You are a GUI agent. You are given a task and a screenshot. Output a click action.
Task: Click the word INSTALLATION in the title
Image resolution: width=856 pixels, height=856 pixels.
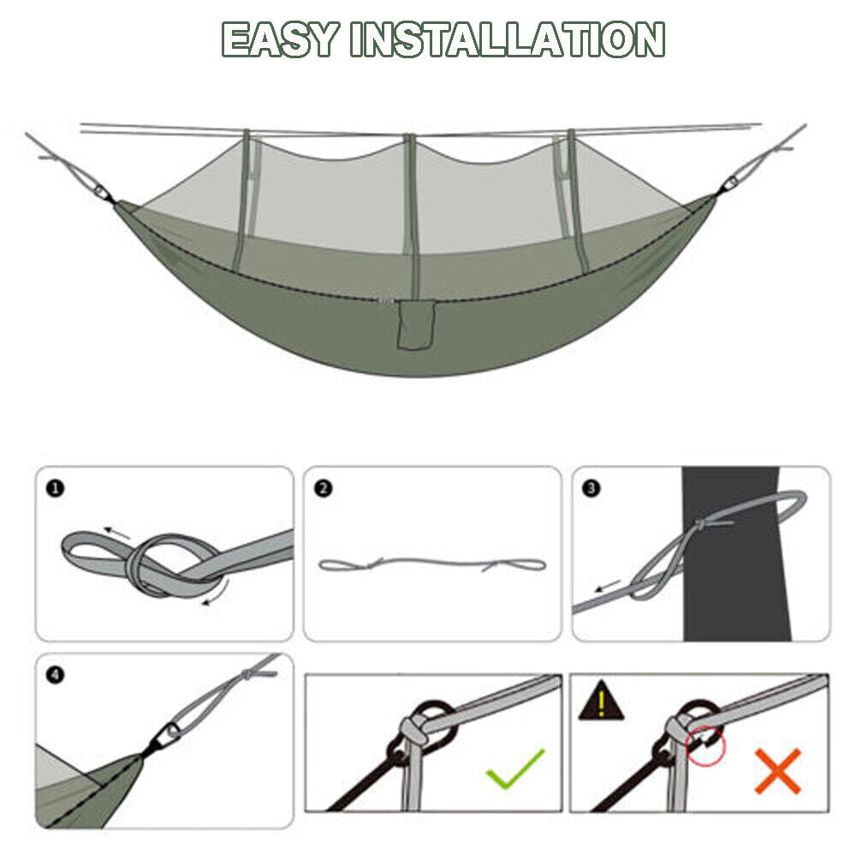(508, 39)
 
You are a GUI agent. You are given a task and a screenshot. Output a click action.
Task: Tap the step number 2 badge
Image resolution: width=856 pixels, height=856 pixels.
(324, 489)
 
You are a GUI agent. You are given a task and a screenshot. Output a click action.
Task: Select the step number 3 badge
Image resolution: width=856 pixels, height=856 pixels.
(591, 489)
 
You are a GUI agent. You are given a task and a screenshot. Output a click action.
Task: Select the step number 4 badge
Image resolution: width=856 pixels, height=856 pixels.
(56, 675)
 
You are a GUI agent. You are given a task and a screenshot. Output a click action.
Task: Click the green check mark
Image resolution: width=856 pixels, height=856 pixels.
(515, 768)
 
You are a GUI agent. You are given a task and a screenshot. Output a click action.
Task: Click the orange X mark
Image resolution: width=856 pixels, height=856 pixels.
(777, 770)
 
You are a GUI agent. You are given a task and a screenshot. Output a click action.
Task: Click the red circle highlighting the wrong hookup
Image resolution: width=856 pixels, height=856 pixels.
(705, 745)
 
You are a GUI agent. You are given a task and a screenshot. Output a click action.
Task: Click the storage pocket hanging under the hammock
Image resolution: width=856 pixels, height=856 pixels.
(416, 330)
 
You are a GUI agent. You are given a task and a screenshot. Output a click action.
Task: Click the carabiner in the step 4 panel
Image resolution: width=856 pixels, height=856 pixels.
(171, 732)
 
